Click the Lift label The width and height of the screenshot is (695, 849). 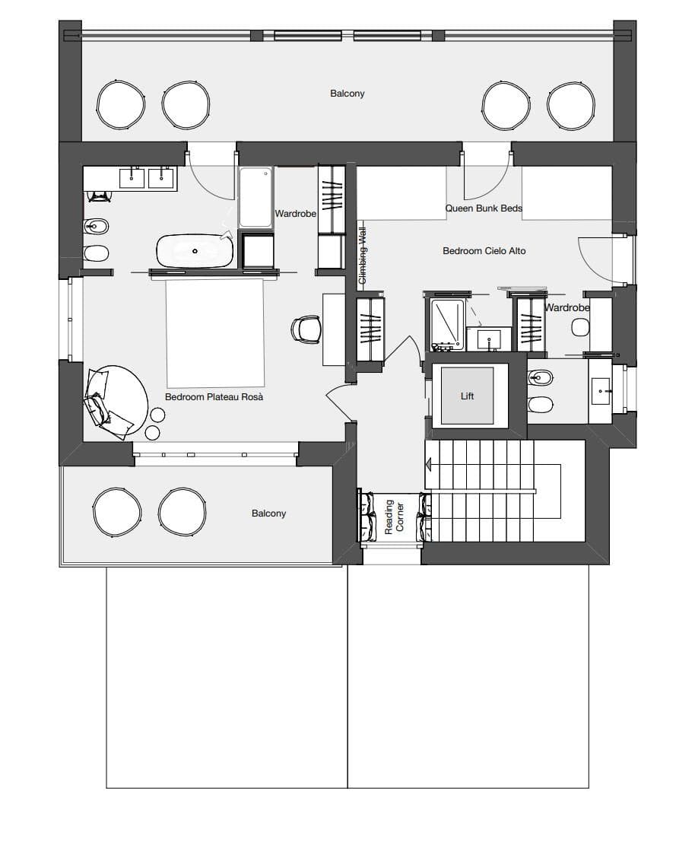468,396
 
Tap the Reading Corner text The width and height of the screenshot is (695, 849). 395,517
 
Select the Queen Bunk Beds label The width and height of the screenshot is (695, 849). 484,208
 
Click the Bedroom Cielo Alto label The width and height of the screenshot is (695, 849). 484,250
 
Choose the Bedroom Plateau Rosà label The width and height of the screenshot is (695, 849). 214,396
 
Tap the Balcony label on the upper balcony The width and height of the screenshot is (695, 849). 347,94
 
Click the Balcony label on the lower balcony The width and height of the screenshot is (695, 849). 269,514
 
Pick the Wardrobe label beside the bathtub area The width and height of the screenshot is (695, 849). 296,214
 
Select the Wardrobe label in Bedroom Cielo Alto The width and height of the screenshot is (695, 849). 567,308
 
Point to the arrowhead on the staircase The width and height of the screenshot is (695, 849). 430,464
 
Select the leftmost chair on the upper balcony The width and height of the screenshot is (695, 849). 120,105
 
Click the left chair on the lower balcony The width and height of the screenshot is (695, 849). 116,511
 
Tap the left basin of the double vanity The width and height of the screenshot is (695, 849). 133,177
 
